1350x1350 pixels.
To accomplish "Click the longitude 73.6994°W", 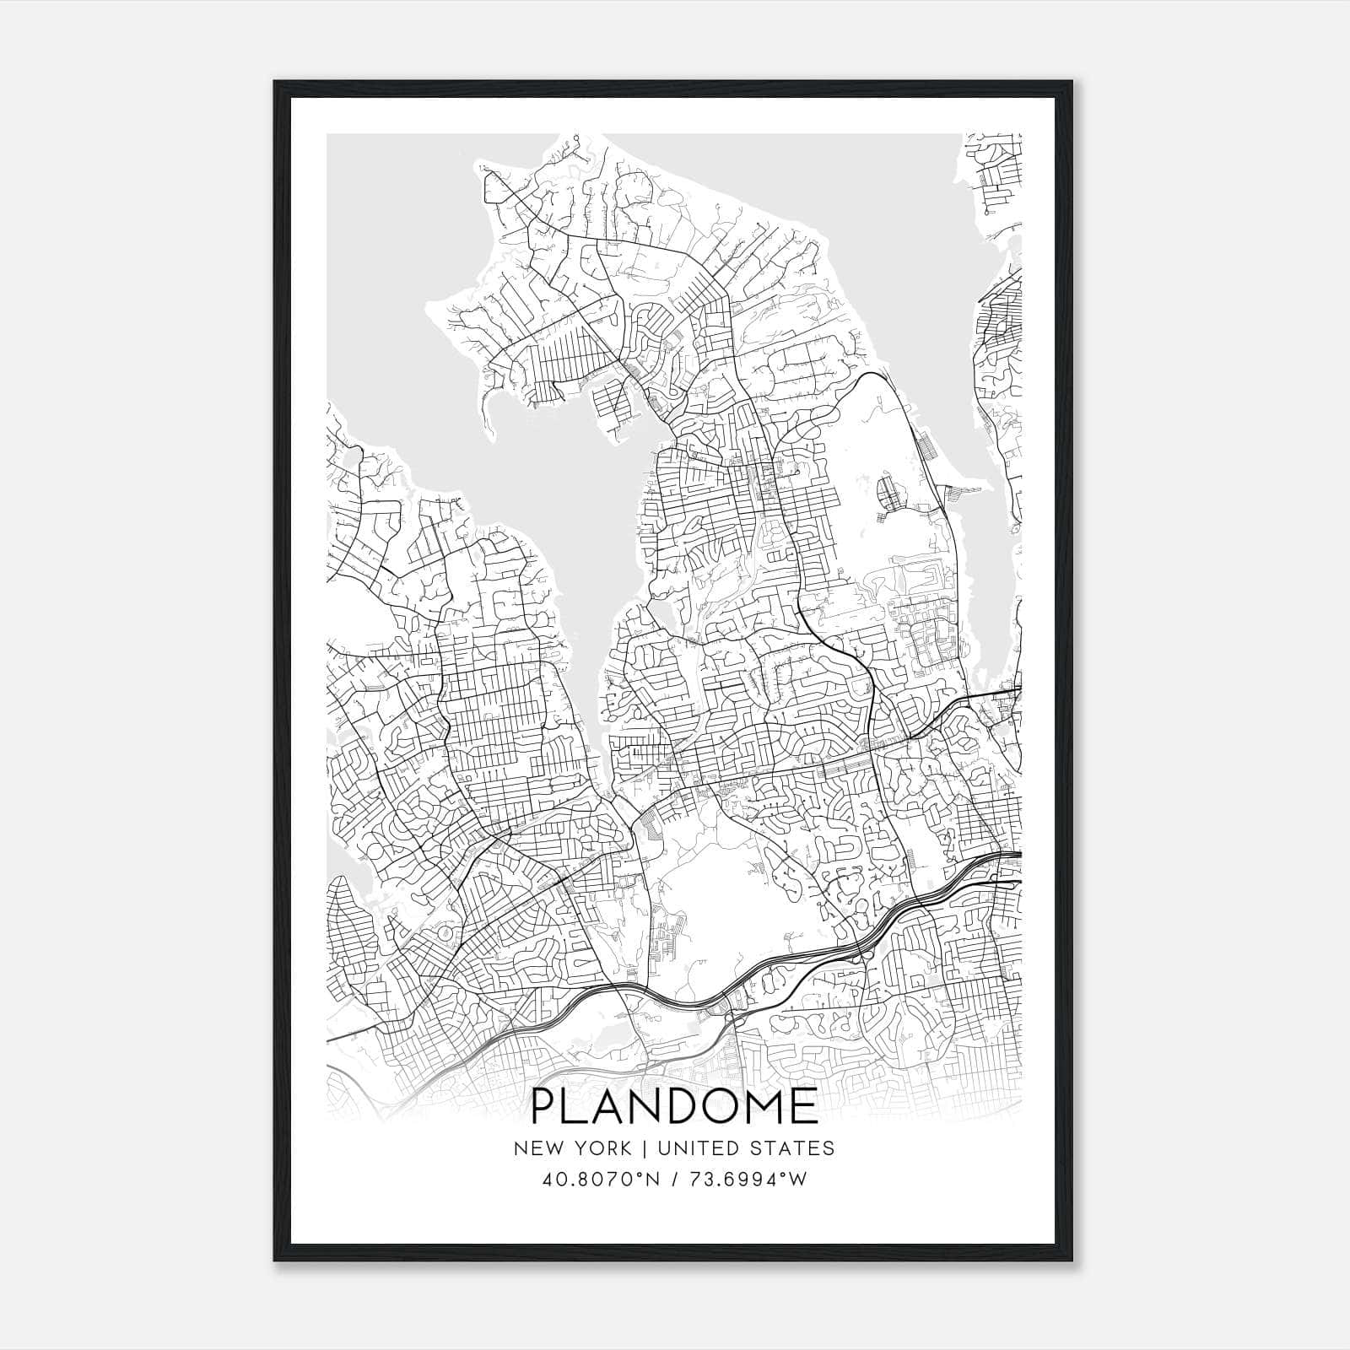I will point(747,1180).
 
